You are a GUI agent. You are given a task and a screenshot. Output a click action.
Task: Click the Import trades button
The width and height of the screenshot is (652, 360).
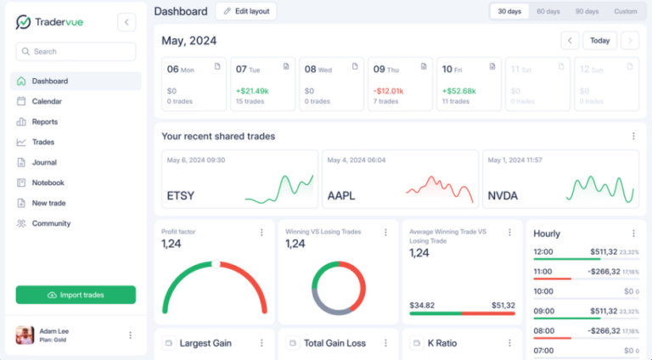click(x=76, y=295)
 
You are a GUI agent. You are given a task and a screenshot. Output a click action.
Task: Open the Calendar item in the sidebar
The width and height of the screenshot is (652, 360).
click(x=47, y=102)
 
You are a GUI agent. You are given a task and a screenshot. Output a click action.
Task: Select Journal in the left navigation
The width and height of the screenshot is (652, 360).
click(x=44, y=163)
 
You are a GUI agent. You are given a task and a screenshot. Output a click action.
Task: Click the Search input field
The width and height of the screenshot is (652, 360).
click(x=76, y=52)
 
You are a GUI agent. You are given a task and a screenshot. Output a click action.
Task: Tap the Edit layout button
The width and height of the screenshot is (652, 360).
click(x=245, y=11)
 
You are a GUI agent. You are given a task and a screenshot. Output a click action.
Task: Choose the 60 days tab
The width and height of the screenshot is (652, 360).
click(x=548, y=12)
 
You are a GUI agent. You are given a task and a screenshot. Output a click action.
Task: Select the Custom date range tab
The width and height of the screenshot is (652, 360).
click(x=625, y=12)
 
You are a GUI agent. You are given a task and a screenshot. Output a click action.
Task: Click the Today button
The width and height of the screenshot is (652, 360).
click(x=599, y=41)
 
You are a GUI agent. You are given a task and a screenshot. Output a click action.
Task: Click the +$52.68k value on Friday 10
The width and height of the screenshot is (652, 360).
click(x=458, y=91)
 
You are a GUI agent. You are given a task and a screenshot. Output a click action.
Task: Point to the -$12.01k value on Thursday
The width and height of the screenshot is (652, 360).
click(x=388, y=91)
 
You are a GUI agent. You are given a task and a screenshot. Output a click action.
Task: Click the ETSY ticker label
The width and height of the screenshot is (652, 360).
click(x=181, y=196)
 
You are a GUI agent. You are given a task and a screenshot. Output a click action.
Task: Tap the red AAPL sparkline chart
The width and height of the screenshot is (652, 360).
click(x=438, y=188)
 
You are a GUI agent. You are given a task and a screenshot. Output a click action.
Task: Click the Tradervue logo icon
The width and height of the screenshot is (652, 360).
click(x=24, y=22)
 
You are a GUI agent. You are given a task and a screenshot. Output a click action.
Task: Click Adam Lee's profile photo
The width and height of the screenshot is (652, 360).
click(x=25, y=335)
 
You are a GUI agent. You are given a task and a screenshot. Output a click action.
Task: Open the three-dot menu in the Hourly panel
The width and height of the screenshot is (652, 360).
click(x=632, y=233)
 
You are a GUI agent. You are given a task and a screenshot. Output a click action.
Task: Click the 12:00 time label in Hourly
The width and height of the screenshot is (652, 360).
click(x=543, y=252)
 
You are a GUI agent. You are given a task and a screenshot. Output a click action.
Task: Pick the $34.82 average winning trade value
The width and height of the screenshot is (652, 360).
click(x=422, y=305)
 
